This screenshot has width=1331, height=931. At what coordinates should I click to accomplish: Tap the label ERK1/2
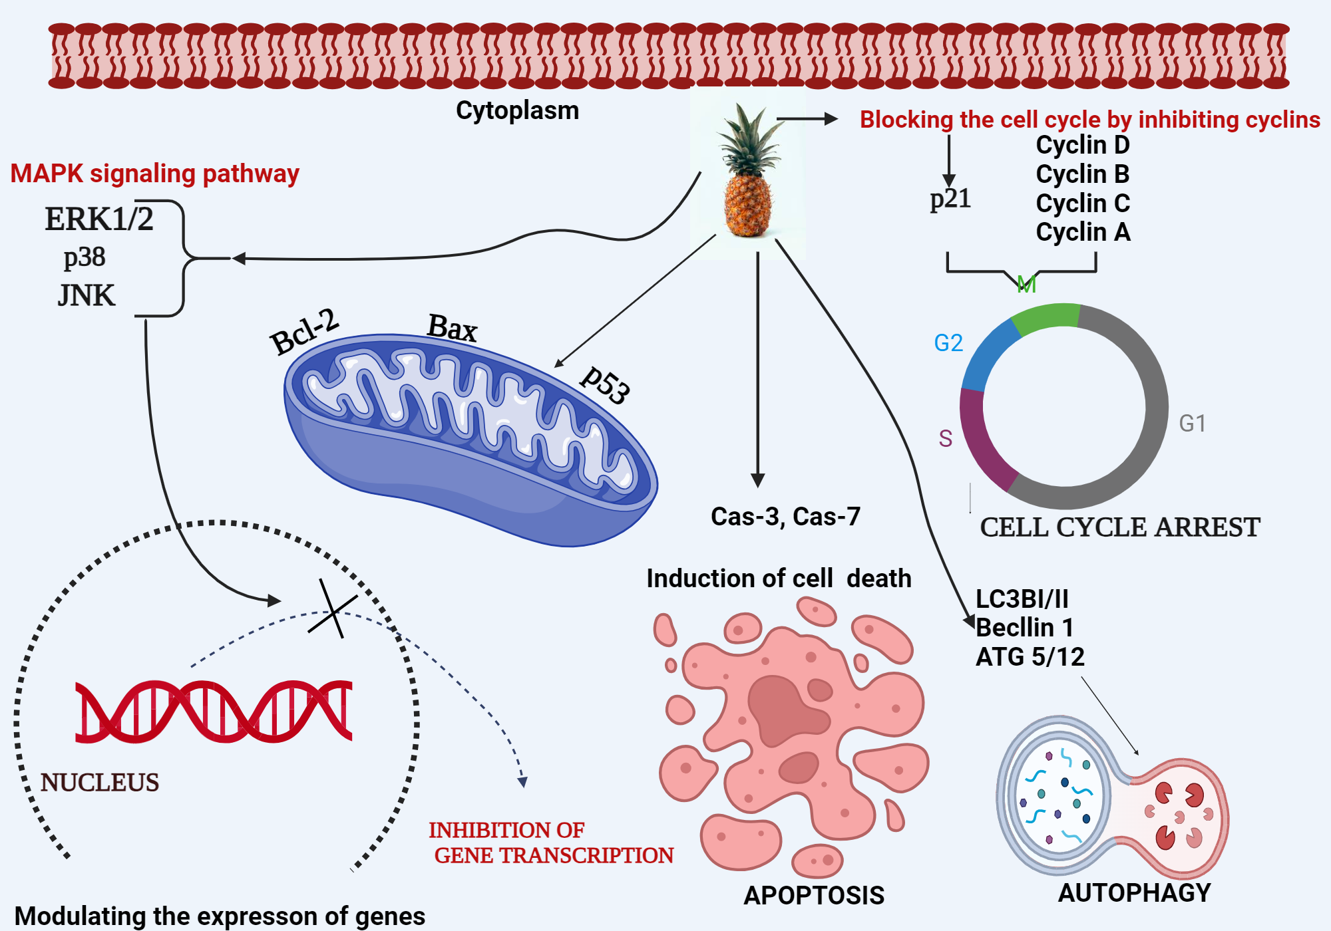(99, 219)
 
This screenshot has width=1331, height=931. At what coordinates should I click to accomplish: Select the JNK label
(87, 295)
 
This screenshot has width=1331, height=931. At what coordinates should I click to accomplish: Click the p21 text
(950, 199)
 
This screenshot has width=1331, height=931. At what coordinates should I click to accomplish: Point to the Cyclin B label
(1083, 174)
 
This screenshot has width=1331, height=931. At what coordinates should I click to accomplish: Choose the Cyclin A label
(1083, 232)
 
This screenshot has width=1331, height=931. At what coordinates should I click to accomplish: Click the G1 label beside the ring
(1192, 424)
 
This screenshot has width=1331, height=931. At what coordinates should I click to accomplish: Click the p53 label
(604, 385)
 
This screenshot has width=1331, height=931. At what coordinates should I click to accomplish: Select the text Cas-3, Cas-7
(785, 517)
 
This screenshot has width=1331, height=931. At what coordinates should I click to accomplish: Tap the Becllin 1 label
(1024, 628)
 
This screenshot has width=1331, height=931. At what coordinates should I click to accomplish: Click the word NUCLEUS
(100, 783)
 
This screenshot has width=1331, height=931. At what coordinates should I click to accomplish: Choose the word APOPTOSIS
(814, 896)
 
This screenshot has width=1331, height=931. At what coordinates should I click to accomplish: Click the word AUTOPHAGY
(1135, 893)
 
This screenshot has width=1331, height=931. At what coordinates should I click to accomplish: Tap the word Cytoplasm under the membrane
(517, 110)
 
